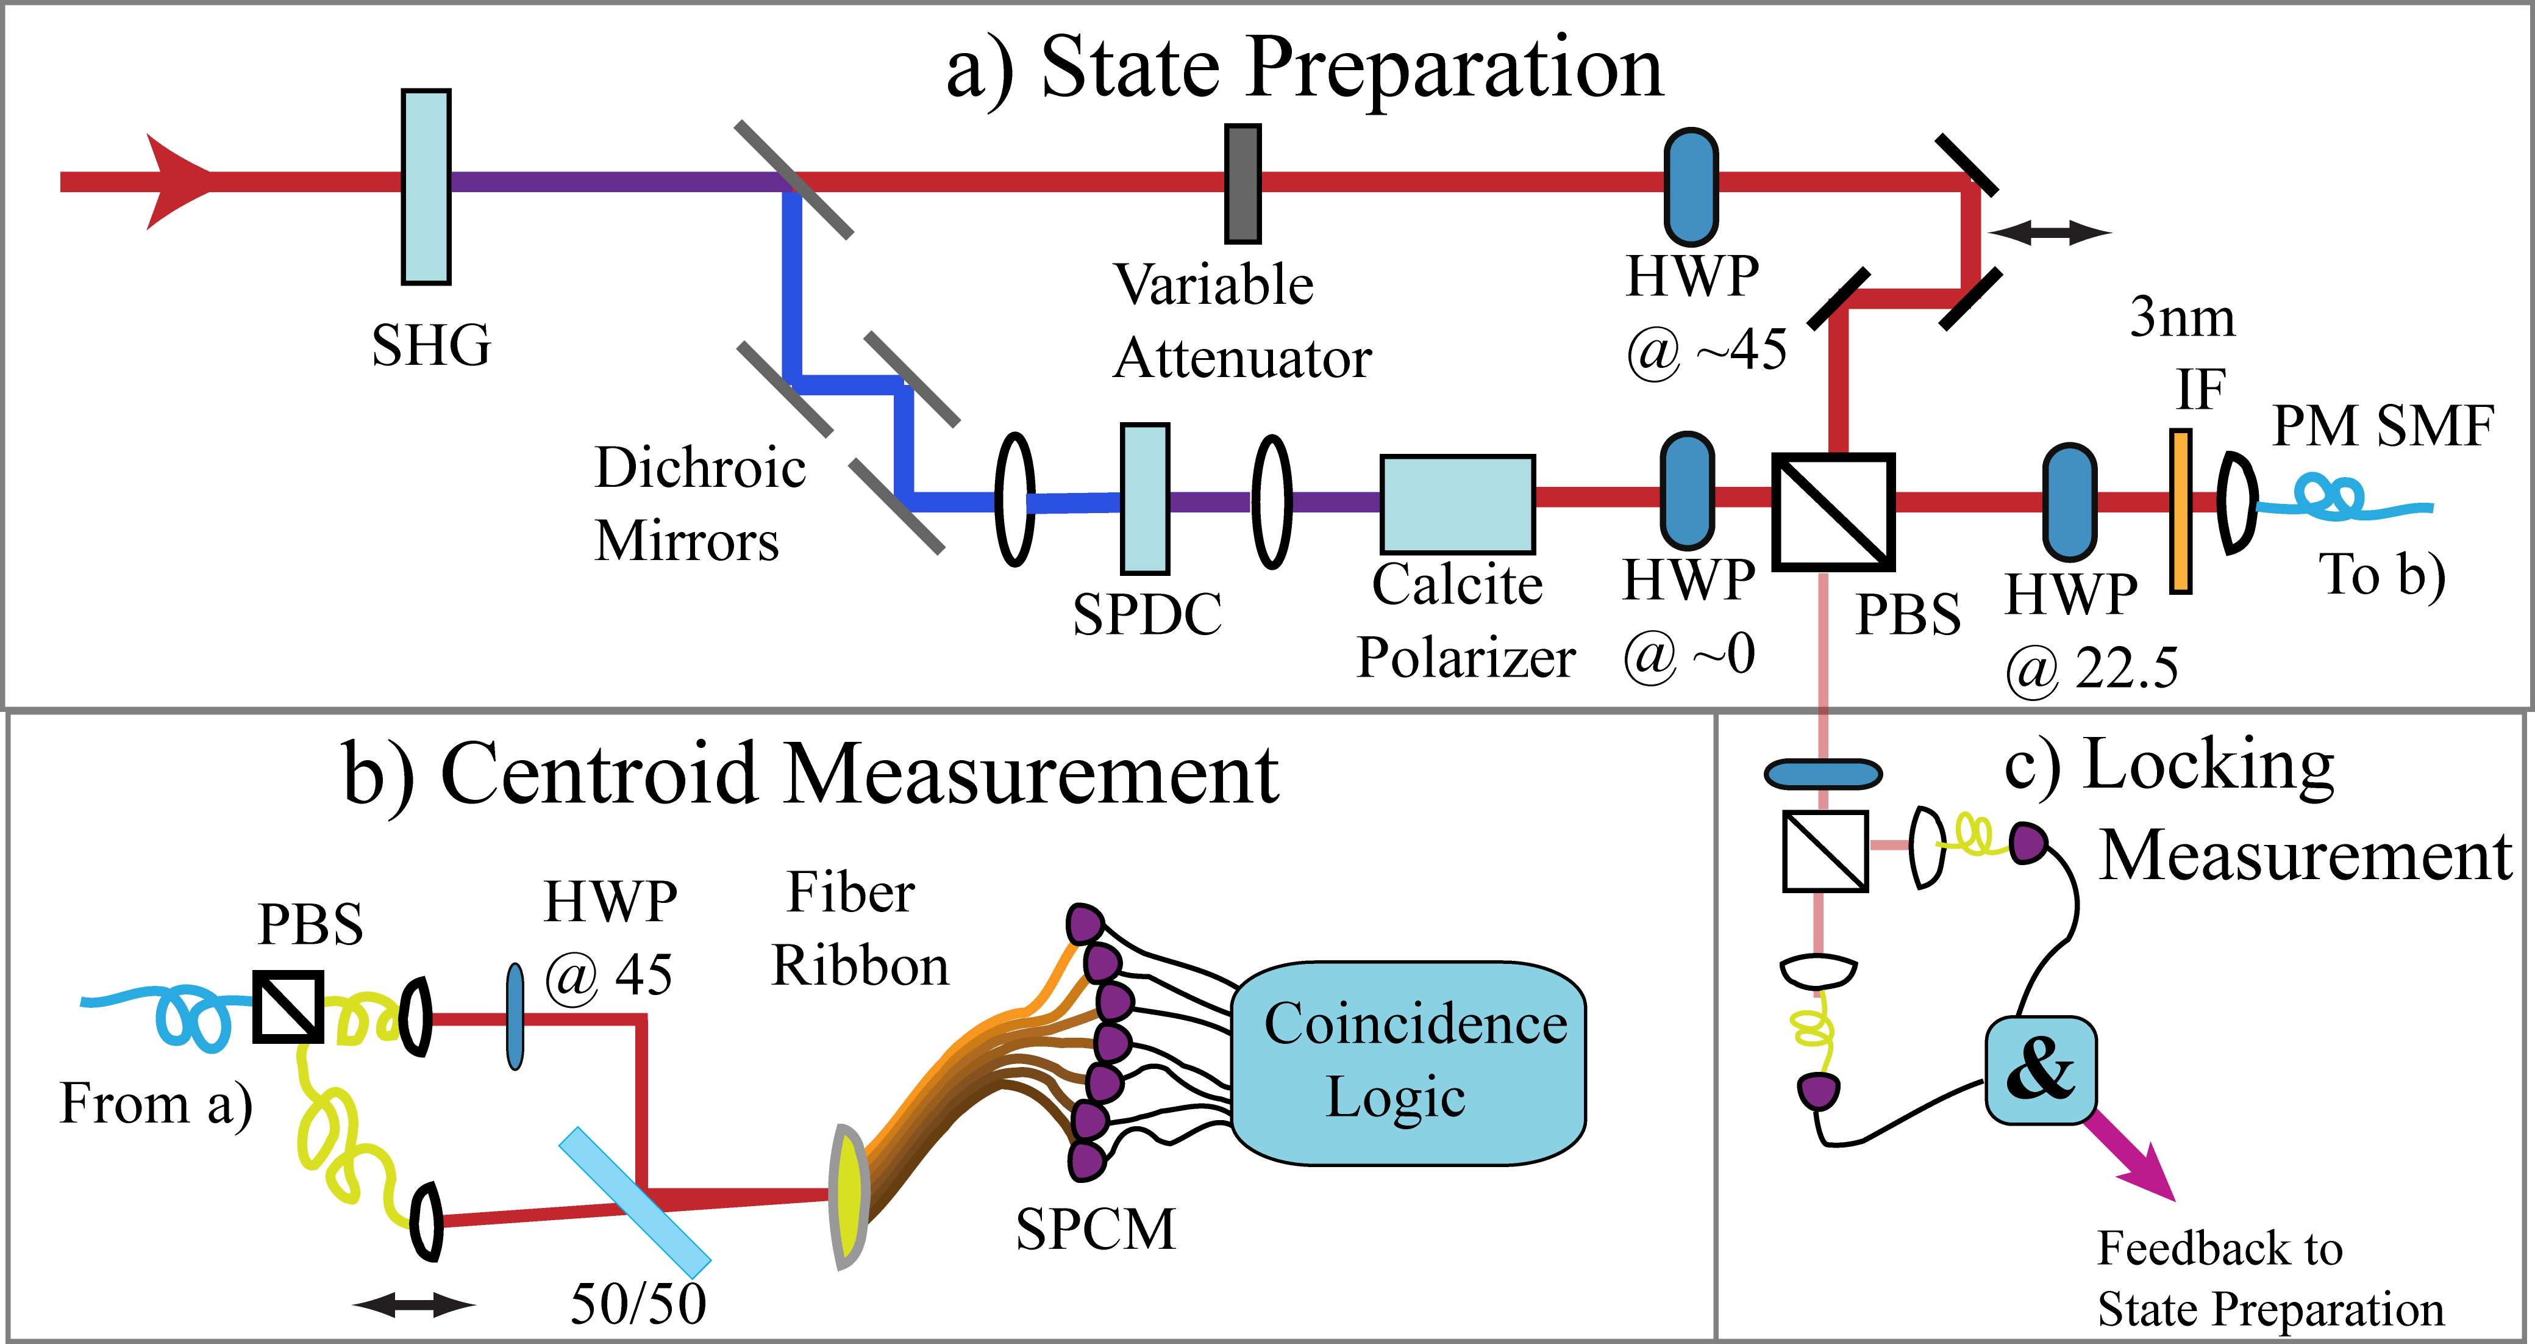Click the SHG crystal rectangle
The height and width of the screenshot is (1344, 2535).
pyautogui.click(x=426, y=187)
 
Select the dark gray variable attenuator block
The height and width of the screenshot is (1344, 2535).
pyautogui.click(x=1243, y=183)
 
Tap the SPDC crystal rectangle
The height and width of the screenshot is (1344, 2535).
pyautogui.click(x=1146, y=499)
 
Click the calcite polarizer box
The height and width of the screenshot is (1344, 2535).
pyautogui.click(x=1458, y=504)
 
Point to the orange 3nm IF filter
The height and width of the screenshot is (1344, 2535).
pyautogui.click(x=2181, y=511)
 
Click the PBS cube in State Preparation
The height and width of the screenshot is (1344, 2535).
pyautogui.click(x=1833, y=511)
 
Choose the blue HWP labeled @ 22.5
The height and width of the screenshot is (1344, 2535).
pyautogui.click(x=2070, y=502)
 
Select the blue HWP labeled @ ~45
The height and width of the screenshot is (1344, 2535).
pyautogui.click(x=1691, y=186)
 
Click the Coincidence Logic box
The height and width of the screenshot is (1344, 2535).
pyautogui.click(x=1408, y=1063)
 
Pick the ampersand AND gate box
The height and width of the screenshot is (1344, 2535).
pyautogui.click(x=2040, y=1070)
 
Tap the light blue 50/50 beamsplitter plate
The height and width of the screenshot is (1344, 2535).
pyautogui.click(x=635, y=1202)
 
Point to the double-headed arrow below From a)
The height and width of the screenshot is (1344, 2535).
pyautogui.click(x=413, y=1306)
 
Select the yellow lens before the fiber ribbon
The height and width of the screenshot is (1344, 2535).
pyautogui.click(x=848, y=1196)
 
